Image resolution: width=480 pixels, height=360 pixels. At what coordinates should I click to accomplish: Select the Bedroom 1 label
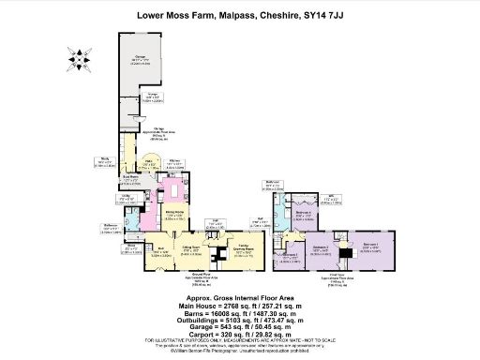pyautogui.click(x=370, y=247)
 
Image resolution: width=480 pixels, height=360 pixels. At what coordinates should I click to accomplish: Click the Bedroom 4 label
pyautogui.click(x=303, y=215)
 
